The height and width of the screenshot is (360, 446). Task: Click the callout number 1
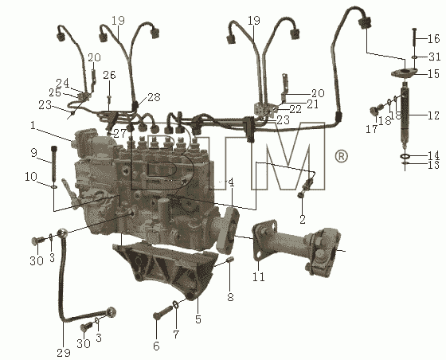coord(33,125)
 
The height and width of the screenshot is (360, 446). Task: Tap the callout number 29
coord(64,353)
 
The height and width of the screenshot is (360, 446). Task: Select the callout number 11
coord(259,276)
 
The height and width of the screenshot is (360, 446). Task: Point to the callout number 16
coord(434,38)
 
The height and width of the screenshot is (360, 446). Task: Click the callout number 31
coord(435,57)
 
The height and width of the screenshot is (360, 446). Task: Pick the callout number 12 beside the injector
coord(434,115)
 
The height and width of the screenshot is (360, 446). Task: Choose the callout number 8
coord(230,297)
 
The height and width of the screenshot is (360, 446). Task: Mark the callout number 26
coord(110,75)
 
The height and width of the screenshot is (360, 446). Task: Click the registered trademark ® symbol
coord(341,156)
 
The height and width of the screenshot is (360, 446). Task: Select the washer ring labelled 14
coord(405,156)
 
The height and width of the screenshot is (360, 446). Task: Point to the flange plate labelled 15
coord(404,72)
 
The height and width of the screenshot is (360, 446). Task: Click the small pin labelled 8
coord(230,260)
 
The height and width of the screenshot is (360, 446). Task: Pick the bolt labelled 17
coord(375,111)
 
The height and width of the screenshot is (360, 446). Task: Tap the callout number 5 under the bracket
coord(198,319)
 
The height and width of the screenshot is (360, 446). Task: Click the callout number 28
coord(154,96)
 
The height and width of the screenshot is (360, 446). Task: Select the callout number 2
coord(303,220)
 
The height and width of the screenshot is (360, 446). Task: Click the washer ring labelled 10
coord(54,187)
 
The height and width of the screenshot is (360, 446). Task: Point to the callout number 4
coord(231,182)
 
